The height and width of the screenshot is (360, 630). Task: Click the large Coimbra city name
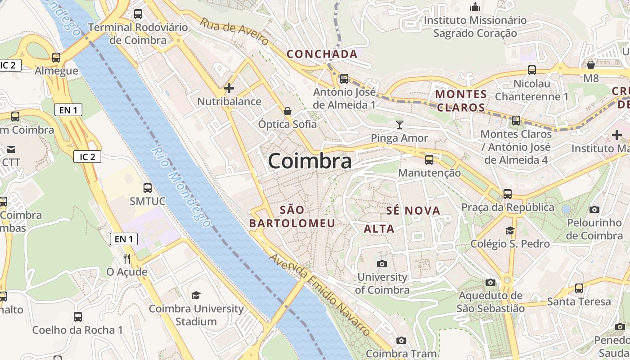(310, 161)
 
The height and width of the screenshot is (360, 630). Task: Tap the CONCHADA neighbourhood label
(322, 54)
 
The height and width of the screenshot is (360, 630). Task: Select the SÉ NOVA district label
(413, 211)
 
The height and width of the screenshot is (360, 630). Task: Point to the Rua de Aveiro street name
(234, 31)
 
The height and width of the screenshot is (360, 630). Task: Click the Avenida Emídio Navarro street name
(320, 295)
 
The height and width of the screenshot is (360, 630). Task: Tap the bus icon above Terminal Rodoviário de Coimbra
(138, 13)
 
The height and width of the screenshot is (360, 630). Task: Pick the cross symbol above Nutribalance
(229, 88)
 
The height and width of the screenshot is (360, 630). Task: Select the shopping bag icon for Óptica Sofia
(287, 111)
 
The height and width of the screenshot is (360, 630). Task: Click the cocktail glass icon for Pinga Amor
(399, 125)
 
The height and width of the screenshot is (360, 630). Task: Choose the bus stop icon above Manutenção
(429, 159)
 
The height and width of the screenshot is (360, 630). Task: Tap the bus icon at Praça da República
(508, 194)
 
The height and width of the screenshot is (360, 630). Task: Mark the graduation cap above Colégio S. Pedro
(510, 231)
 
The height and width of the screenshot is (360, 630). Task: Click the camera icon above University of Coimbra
(382, 264)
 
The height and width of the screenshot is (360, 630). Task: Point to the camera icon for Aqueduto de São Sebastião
(490, 282)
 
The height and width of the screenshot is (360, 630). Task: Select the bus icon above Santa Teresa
(579, 288)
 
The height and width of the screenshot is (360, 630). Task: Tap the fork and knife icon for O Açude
(127, 259)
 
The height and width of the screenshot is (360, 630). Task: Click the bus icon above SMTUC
(148, 188)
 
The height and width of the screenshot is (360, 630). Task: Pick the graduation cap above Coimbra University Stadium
(196, 296)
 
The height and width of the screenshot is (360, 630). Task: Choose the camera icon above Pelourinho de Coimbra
(594, 209)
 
